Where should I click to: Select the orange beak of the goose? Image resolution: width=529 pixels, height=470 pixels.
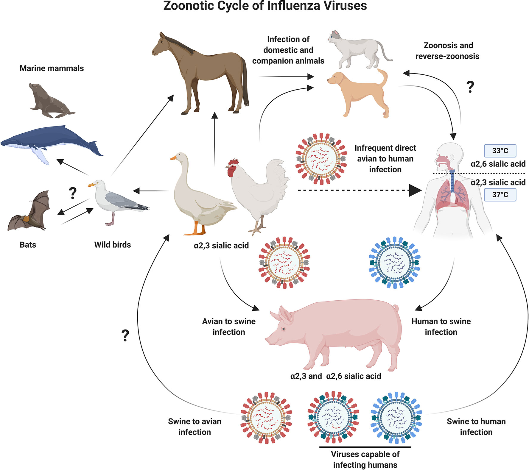click(x=173, y=157)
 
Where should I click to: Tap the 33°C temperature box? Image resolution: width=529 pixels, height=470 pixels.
click(x=500, y=151)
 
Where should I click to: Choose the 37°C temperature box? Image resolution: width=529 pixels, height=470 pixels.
click(x=500, y=195)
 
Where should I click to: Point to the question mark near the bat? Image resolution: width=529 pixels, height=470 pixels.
click(x=72, y=193)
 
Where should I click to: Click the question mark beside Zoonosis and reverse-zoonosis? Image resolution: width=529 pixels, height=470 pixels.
click(x=470, y=87)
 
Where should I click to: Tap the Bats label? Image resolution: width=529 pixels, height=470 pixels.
click(x=28, y=245)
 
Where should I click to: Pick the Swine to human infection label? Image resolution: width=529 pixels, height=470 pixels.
click(x=476, y=427)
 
